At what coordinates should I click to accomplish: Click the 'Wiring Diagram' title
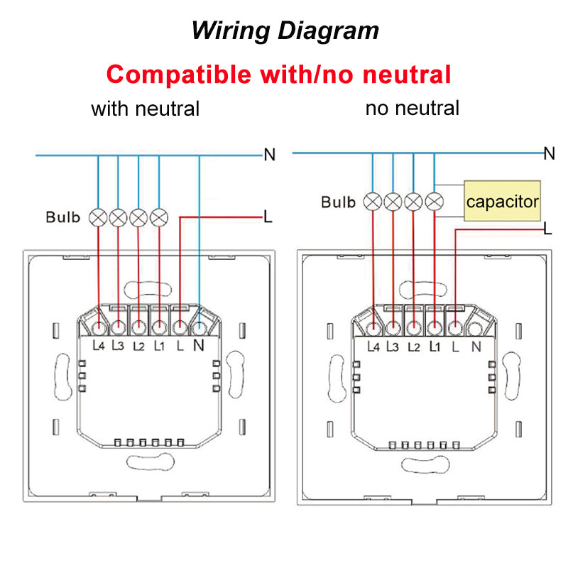[285, 31]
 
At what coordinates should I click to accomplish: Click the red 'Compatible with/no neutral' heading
[279, 74]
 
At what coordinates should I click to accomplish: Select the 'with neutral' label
[145, 109]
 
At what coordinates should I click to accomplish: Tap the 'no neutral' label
[412, 108]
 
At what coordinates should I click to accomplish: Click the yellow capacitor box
[502, 202]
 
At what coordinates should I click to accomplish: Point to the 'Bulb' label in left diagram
[63, 217]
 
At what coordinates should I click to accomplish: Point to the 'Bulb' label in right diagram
[338, 202]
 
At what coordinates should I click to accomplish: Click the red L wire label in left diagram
[268, 217]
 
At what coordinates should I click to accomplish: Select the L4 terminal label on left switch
[99, 346]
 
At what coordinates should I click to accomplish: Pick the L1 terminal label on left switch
[159, 346]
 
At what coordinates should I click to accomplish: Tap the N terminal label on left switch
[199, 346]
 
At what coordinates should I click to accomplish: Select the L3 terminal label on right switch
[393, 346]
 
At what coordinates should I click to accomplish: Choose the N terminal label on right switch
[476, 346]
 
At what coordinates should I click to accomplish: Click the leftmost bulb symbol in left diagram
[98, 217]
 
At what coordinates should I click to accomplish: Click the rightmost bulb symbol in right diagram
[433, 202]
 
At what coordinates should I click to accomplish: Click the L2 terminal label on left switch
[139, 346]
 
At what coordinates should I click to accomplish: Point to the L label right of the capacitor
[547, 229]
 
